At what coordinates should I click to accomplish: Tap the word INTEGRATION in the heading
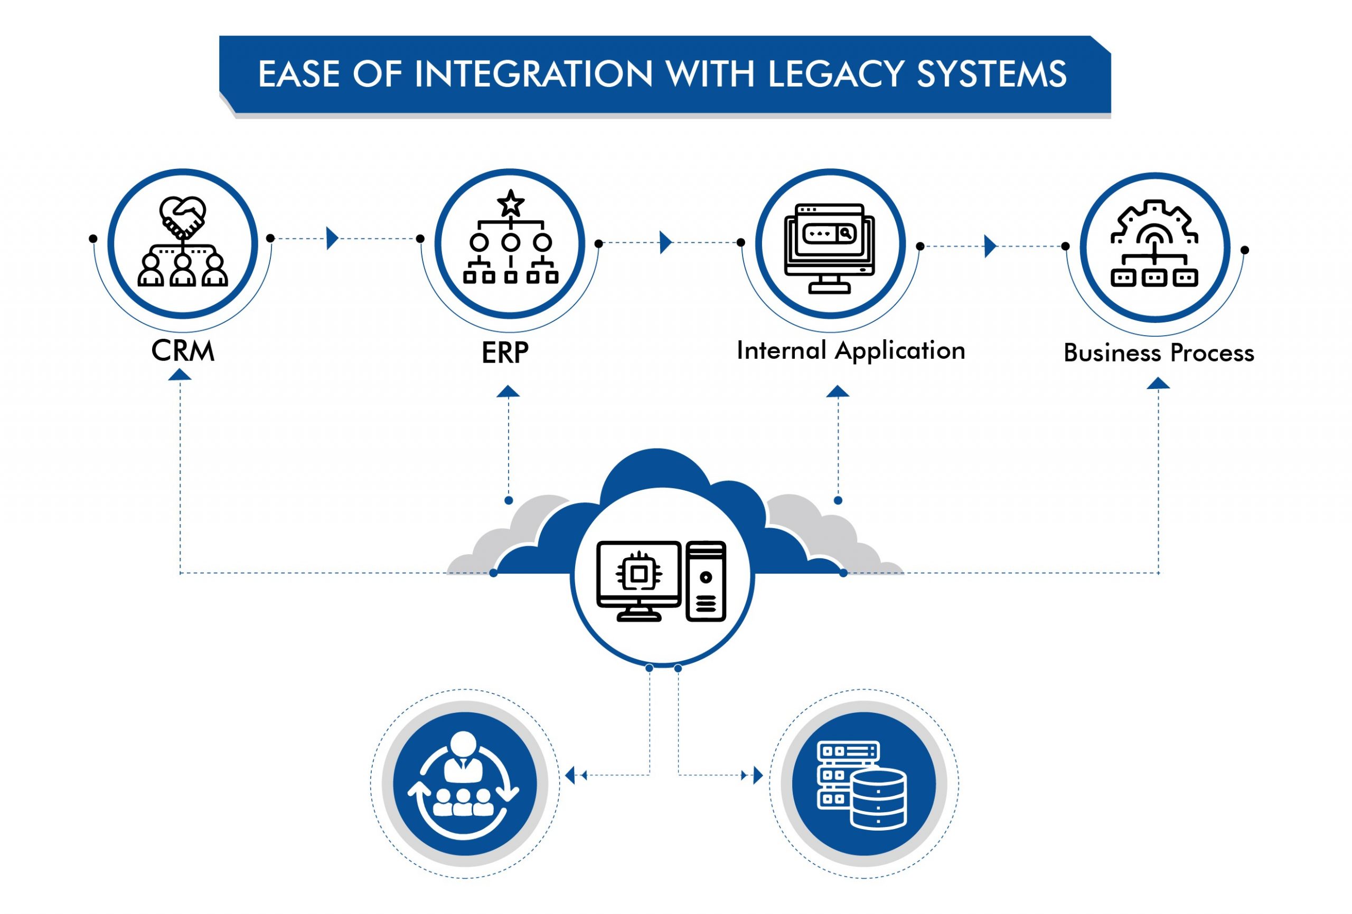point(533,74)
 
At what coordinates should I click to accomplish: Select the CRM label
point(183,351)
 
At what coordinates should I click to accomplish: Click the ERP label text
point(505,353)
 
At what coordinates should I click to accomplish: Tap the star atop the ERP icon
point(511,203)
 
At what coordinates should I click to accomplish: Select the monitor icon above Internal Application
point(830,247)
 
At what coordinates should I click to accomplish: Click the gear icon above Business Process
point(1155,221)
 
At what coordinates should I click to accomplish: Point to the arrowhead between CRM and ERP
point(333,239)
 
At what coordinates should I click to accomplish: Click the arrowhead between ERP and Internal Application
point(665,242)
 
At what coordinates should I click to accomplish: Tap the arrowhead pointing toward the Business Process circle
point(990,246)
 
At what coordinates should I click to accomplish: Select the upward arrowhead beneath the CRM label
point(180,376)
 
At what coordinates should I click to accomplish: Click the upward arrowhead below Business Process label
point(1158,383)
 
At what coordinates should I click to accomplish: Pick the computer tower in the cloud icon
point(706,581)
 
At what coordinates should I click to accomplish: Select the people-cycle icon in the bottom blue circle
point(464,783)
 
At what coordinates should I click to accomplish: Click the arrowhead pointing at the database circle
point(757,775)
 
